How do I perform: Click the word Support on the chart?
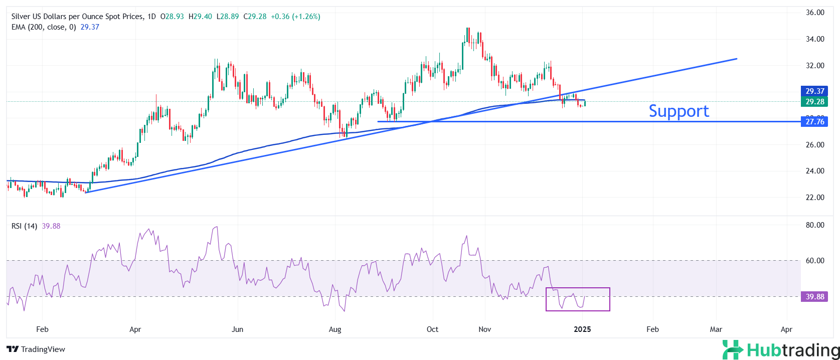tap(679, 111)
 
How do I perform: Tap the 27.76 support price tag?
tap(814, 122)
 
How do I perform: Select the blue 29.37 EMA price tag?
tap(814, 91)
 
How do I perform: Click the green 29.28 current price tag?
tap(814, 102)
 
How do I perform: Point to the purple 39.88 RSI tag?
tap(814, 297)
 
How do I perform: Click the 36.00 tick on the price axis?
tap(815, 13)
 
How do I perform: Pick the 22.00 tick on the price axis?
tap(815, 198)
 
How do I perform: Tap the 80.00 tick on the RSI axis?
tap(815, 225)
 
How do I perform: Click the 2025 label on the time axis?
tap(582, 329)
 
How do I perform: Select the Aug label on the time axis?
tap(335, 329)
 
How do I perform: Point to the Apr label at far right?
tap(786, 329)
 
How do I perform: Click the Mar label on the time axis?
tap(716, 329)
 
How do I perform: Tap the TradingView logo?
tap(36, 349)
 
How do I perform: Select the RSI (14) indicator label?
tap(24, 226)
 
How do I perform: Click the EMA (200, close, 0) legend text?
tap(44, 27)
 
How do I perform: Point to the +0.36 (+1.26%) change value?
tap(295, 17)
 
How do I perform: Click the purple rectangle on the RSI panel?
tap(578, 299)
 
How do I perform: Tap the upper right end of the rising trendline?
tap(736, 59)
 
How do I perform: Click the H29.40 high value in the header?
tap(200, 17)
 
